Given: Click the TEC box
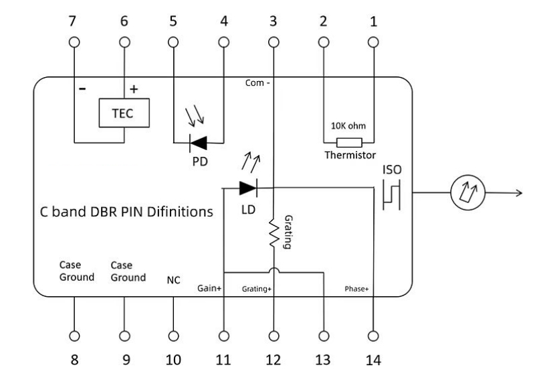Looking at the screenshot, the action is [124, 113].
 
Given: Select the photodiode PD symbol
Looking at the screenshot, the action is [198, 143].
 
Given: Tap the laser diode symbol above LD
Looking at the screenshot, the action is [248, 188].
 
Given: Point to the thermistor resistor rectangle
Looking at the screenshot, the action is [349, 143].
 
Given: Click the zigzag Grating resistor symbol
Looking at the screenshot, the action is [274, 233].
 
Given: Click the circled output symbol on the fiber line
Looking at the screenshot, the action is [467, 192].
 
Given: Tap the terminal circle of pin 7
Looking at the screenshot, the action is [74, 42].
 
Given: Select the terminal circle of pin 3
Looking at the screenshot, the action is [274, 42].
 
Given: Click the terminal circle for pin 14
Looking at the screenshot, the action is [373, 336].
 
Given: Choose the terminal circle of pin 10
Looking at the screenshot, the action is [174, 336].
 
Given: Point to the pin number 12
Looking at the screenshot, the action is [274, 360].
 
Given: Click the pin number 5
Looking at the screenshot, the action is [173, 21].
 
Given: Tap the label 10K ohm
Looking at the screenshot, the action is [348, 126].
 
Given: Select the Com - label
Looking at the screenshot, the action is [257, 83].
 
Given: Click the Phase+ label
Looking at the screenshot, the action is [356, 289].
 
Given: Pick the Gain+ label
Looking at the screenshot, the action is [209, 288].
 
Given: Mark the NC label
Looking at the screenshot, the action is [173, 280].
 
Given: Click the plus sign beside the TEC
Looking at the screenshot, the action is [134, 89].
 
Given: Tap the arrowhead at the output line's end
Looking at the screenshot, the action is [520, 193].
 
